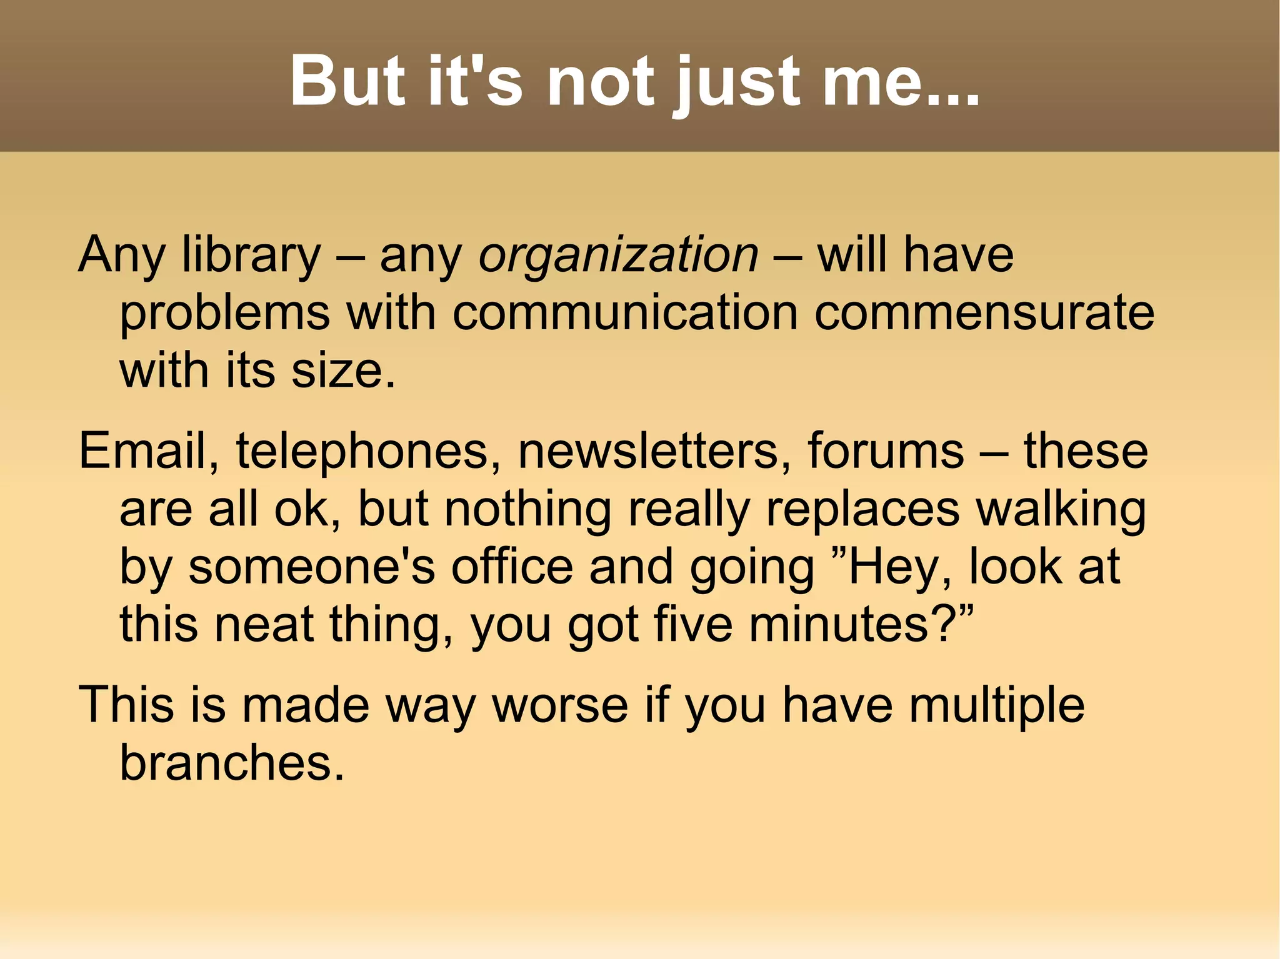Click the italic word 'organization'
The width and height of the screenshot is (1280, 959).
(619, 256)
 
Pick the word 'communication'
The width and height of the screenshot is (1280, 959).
(625, 312)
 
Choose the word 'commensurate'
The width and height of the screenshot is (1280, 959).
(984, 312)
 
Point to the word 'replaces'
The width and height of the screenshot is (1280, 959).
(862, 509)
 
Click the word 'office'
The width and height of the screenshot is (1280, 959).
(512, 566)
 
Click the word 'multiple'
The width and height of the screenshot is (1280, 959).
(997, 705)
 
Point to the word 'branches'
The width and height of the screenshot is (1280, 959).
(232, 762)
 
